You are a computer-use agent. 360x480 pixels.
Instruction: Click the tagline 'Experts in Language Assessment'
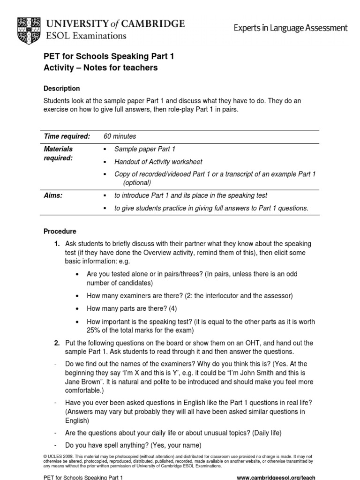coord(291,28)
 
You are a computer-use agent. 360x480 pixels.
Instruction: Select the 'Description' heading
coord(61,89)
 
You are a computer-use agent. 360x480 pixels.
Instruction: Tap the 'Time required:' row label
coord(67,136)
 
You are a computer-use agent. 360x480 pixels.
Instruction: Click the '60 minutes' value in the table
coord(120,136)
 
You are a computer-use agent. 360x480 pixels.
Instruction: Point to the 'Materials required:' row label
coord(59,154)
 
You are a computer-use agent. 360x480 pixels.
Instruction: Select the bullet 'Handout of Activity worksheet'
coord(158,162)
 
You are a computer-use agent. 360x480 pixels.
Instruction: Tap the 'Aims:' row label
coord(53,195)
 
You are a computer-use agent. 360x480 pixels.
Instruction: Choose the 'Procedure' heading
coord(60,232)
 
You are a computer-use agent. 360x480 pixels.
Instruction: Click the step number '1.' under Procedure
coord(57,244)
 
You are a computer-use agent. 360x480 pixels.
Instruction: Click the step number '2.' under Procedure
coord(57,343)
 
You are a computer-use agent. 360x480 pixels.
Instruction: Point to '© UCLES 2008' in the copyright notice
coord(59,456)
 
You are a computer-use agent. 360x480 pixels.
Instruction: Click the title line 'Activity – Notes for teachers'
coord(100,68)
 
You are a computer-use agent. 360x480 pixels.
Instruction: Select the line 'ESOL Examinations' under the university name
coord(86,35)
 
